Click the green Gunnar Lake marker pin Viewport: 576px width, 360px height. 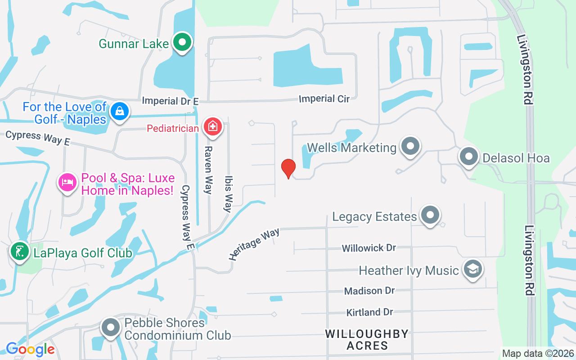tap(182, 43)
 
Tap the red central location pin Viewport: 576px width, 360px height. tap(288, 168)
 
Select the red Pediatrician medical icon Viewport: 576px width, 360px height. tap(212, 126)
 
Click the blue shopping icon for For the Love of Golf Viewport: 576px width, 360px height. tap(119, 111)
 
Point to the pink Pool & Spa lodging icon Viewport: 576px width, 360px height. tap(67, 183)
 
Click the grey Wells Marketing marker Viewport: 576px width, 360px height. tap(410, 146)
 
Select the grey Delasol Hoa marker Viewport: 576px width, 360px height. tap(469, 157)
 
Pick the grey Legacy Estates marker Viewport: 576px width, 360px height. tap(430, 216)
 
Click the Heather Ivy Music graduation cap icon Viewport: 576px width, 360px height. tap(472, 269)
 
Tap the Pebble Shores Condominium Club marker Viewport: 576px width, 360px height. tap(110, 328)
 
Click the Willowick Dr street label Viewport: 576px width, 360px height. tap(369, 248)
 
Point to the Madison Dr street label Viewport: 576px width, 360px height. tap(369, 291)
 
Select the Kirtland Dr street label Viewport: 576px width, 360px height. tap(369, 312)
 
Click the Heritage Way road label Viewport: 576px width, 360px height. tap(254, 244)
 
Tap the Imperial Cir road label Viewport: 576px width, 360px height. tap(324, 99)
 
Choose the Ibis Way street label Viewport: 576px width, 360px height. tap(228, 194)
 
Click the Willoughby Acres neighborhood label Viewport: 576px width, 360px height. tap(367, 340)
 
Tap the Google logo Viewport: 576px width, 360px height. tap(30, 349)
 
